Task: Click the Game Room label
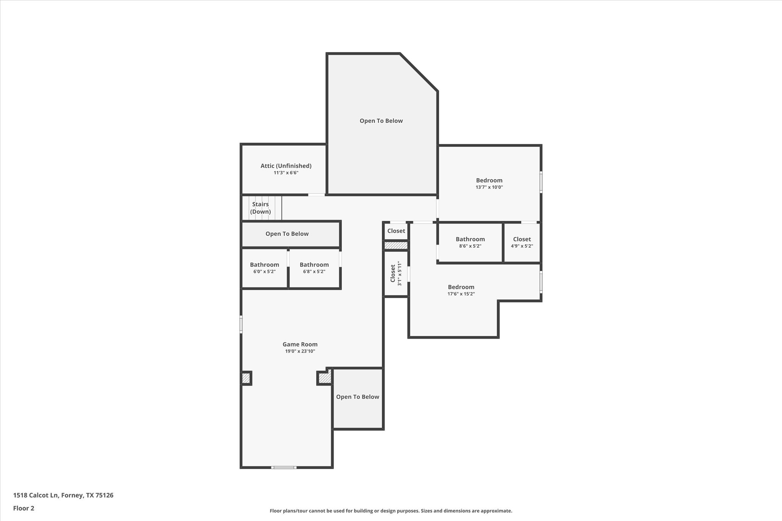pos(300,344)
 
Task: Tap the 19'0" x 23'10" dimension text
pos(300,351)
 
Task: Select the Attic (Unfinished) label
pos(286,166)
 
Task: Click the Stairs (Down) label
pos(260,208)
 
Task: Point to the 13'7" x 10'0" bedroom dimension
pos(489,187)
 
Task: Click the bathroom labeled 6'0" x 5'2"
pos(264,268)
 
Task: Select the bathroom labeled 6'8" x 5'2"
pos(314,268)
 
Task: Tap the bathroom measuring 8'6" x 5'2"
pos(470,242)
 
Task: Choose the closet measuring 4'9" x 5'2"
pos(522,242)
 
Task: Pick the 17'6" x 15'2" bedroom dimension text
pos(461,294)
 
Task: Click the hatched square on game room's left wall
pos(246,378)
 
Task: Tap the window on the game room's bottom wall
pos(283,467)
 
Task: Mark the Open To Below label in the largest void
pos(381,121)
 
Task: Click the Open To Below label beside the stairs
pos(287,234)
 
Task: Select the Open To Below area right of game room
pos(357,397)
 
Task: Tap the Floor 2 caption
pos(24,508)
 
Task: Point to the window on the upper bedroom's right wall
pos(541,182)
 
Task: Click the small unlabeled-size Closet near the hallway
pos(396,231)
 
